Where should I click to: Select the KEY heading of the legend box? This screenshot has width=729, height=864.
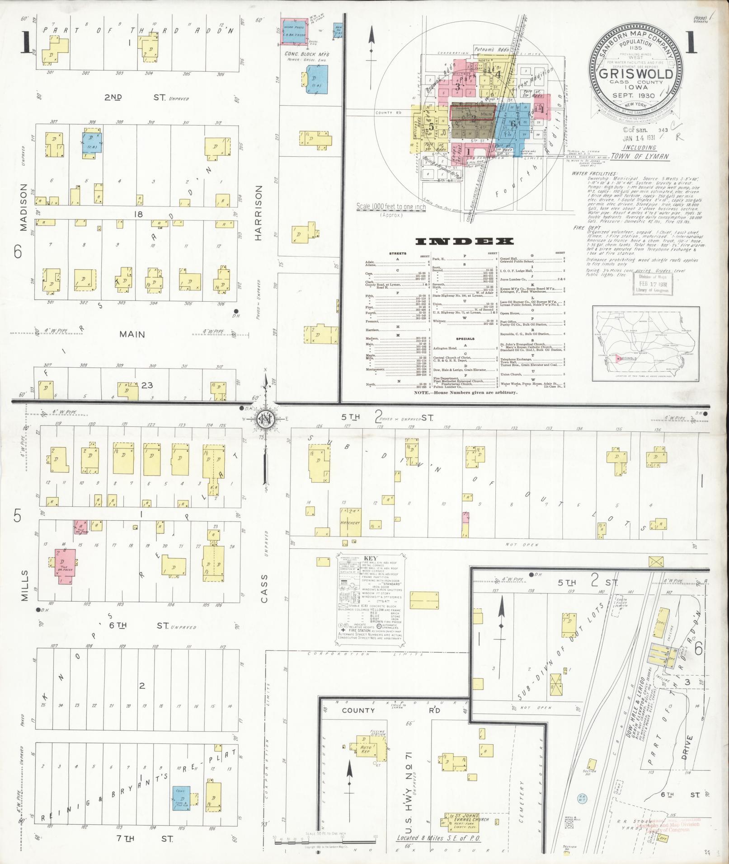(x=373, y=558)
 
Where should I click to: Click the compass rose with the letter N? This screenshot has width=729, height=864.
(x=263, y=419)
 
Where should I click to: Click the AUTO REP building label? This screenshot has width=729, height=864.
(x=365, y=751)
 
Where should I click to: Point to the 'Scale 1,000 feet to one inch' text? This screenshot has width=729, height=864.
(x=390, y=206)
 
